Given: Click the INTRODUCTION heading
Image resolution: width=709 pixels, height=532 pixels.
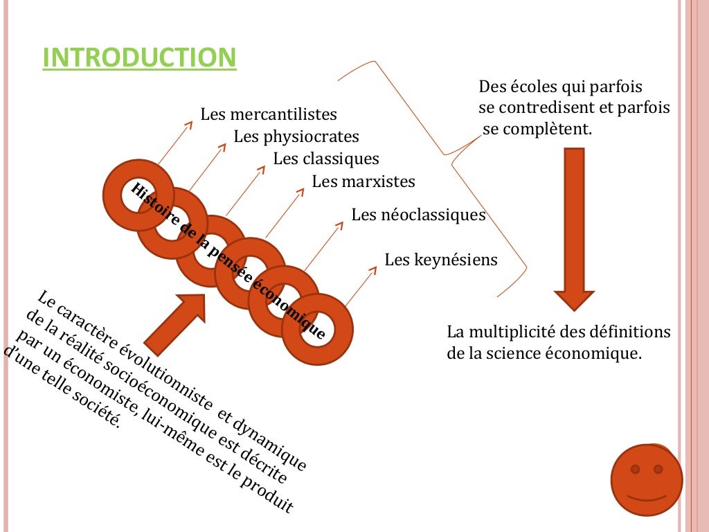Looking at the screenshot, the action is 139,58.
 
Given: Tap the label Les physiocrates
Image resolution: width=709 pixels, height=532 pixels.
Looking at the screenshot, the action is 296,136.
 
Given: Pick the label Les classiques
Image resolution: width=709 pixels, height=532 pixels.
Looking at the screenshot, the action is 326,159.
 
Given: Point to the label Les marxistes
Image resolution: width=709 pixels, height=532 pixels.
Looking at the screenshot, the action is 364,182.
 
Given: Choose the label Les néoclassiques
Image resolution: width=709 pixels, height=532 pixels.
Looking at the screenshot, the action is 418,215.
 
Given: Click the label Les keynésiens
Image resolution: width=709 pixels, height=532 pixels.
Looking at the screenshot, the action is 441,260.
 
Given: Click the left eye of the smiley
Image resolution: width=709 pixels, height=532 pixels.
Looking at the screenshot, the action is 635,470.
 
